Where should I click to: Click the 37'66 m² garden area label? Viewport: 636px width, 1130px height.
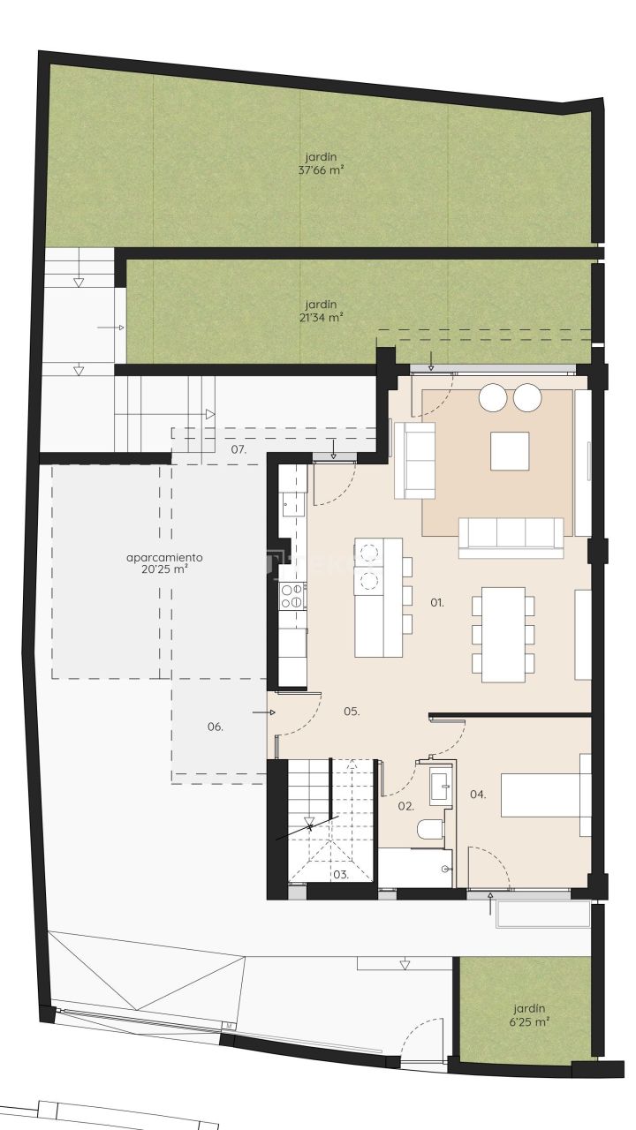321,165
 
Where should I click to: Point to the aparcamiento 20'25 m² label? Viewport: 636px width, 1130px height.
164,563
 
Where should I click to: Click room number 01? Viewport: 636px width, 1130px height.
437,603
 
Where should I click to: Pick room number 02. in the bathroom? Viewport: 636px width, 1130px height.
406,806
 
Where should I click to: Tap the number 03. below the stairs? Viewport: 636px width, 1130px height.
341,875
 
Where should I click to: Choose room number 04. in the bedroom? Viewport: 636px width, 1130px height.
478,795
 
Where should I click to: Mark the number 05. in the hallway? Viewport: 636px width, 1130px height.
352,711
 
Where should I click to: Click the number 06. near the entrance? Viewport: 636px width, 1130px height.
215,727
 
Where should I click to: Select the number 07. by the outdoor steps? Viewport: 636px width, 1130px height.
238,449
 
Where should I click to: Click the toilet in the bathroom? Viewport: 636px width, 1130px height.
432,830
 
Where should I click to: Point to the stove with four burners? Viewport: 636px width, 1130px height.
292,597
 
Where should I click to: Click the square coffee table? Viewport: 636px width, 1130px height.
510,450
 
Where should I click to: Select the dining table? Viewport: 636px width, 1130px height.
503,634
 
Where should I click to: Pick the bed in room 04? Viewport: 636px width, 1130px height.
545,795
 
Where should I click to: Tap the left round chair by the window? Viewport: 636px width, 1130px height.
494,398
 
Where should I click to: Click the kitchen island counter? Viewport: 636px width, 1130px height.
378,597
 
